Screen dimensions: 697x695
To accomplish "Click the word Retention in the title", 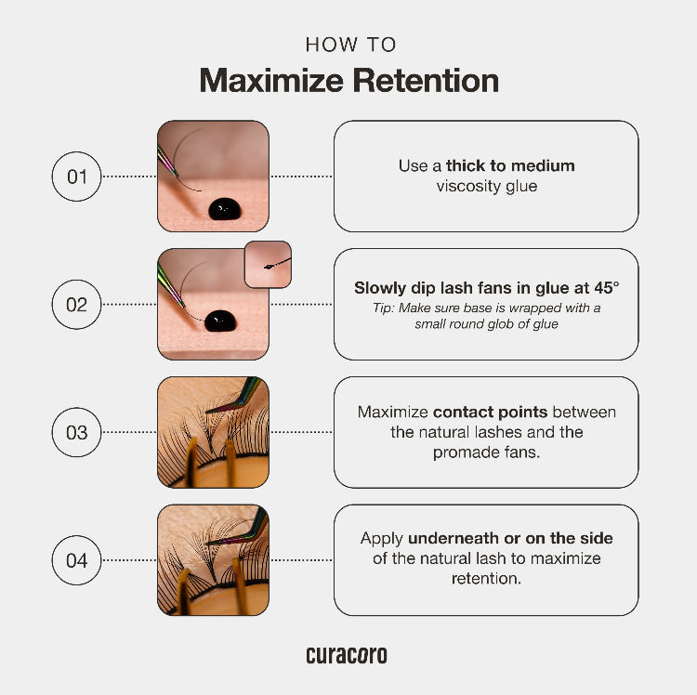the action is pos(426,81).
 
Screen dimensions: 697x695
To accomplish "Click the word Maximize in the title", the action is pos(271,81).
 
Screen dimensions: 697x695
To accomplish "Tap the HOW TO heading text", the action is pos(350,45).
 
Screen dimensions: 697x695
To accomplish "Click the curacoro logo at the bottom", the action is pos(347,655).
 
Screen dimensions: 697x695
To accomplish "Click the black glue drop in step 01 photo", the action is pos(225,209).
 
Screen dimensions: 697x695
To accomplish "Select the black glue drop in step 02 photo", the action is pos(220,321).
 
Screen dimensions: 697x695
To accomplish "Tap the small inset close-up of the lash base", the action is pos(268,265).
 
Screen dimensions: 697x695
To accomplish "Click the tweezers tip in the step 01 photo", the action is pos(177,175).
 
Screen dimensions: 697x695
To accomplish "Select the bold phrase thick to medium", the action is pos(510,165).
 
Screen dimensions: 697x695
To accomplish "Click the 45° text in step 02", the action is pos(607,288).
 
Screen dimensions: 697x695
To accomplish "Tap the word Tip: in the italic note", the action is pos(384,308).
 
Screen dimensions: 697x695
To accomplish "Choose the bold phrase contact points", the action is pos(491,412).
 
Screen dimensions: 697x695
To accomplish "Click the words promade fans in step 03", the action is pos(486,452).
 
